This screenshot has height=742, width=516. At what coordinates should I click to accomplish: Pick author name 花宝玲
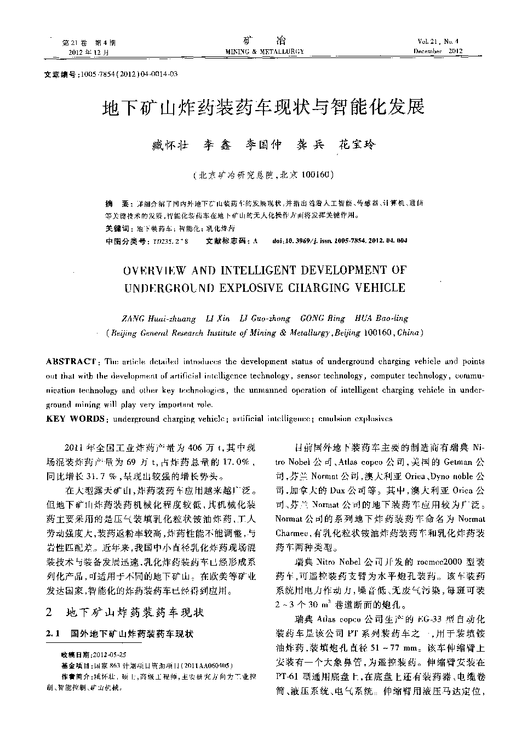pos(357,145)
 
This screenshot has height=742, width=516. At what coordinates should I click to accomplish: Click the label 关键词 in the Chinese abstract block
pos(117,228)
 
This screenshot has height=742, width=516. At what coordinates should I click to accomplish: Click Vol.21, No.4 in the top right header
pos(438,42)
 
